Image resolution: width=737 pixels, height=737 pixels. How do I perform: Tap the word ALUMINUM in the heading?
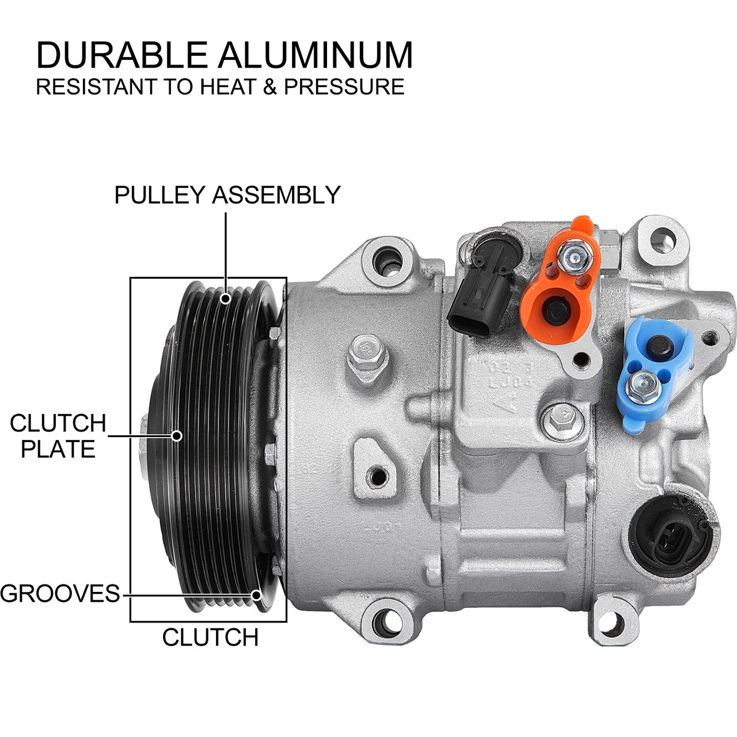click(x=316, y=55)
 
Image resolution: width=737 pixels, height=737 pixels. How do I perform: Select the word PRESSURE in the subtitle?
click(x=344, y=87)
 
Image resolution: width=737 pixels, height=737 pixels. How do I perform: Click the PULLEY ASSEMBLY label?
click(x=227, y=195)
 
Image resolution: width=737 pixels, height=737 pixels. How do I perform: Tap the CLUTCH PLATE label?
click(x=58, y=436)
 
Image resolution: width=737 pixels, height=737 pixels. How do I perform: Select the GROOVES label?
click(x=60, y=593)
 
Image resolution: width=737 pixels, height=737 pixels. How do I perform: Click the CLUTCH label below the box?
click(x=210, y=637)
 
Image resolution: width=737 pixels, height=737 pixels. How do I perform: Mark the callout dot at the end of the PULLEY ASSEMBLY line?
click(x=226, y=298)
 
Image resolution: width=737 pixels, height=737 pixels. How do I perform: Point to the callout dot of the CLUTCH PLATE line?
click(x=177, y=436)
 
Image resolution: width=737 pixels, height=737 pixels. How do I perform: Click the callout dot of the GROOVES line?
click(x=257, y=594)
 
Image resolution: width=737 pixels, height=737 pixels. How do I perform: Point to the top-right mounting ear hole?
click(x=662, y=237)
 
